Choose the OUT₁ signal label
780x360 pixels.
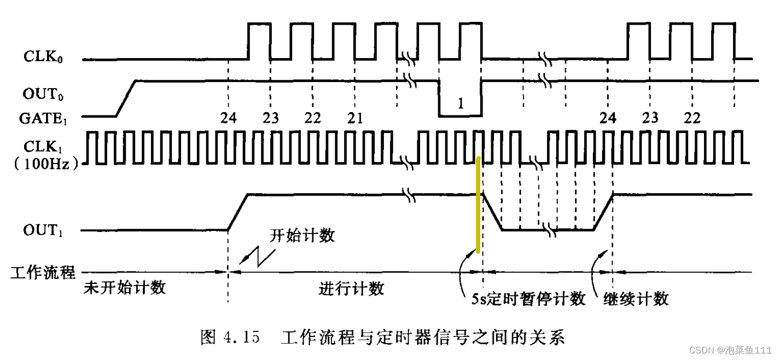(x=42, y=230)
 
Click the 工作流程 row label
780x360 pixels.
(x=43, y=272)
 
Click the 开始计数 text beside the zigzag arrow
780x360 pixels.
(x=302, y=236)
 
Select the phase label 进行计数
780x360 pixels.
(x=351, y=288)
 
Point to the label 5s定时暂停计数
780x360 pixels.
(x=528, y=299)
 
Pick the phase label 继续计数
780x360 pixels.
(x=636, y=299)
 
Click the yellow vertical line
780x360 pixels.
(x=479, y=205)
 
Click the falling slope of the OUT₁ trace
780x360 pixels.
(x=492, y=212)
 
